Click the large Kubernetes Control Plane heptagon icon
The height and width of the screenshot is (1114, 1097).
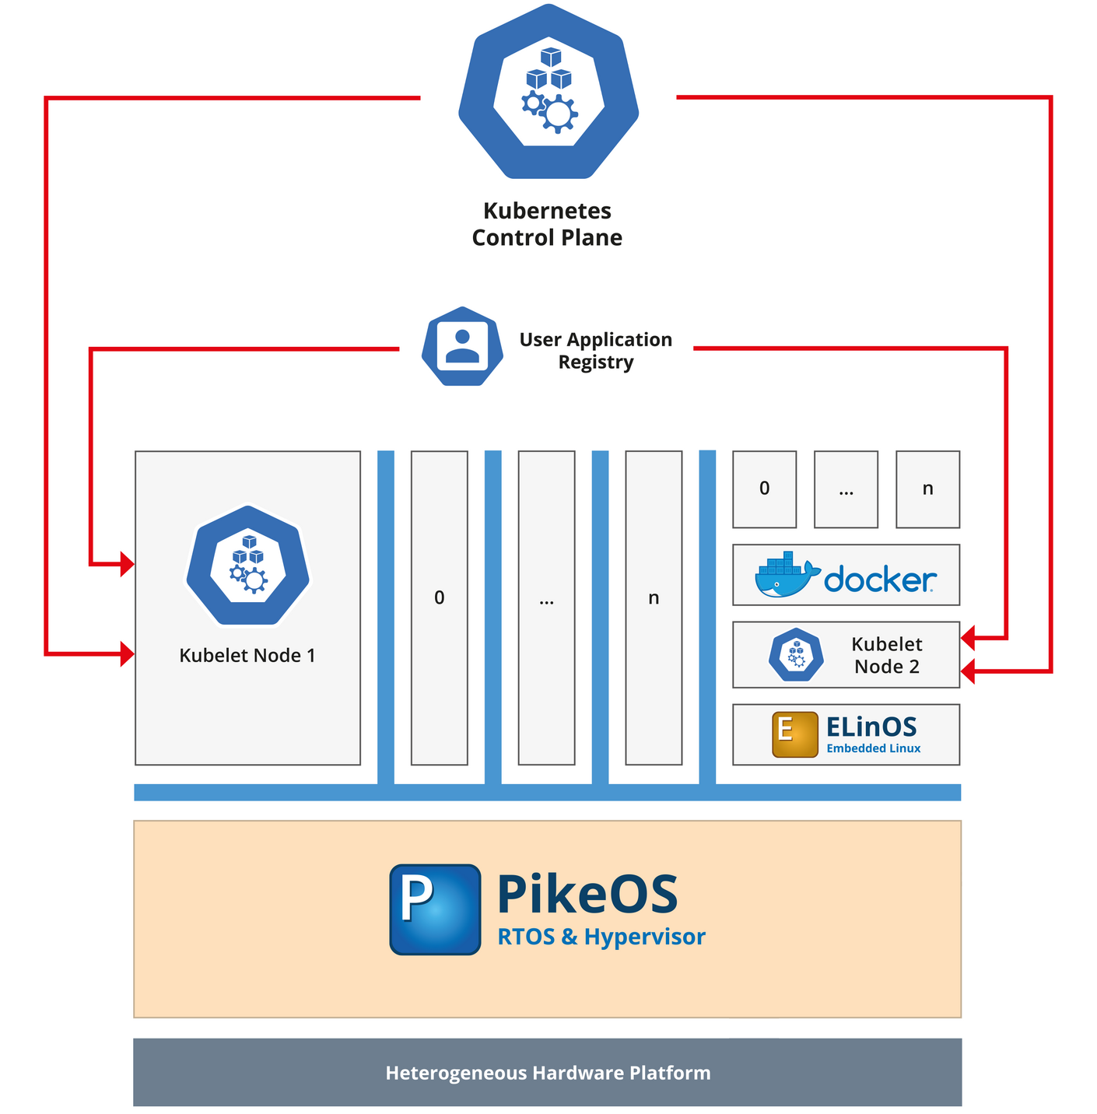pyautogui.click(x=548, y=91)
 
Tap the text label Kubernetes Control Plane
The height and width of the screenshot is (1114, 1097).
pyautogui.click(x=547, y=224)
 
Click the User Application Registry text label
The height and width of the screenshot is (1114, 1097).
pyautogui.click(x=595, y=350)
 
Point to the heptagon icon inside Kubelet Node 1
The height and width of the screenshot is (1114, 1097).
pyautogui.click(x=248, y=566)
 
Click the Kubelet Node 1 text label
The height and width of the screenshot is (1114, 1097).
pyautogui.click(x=247, y=655)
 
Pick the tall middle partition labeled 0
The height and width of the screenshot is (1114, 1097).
pyautogui.click(x=439, y=607)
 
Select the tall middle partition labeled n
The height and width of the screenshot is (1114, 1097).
pyautogui.click(x=654, y=607)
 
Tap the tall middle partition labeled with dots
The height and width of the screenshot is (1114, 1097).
pyautogui.click(x=546, y=607)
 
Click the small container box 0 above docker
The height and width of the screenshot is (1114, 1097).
pyautogui.click(x=764, y=489)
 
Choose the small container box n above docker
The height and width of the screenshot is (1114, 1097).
pyautogui.click(x=927, y=489)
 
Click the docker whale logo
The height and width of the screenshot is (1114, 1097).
pyautogui.click(x=786, y=576)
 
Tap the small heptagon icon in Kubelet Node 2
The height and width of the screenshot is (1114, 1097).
pyautogui.click(x=796, y=655)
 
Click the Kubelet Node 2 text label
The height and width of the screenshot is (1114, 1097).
pyautogui.click(x=887, y=655)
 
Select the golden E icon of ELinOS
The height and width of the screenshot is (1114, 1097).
pyautogui.click(x=794, y=734)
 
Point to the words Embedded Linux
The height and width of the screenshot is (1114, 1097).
pyautogui.click(x=873, y=748)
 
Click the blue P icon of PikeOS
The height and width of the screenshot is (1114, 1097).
pyautogui.click(x=435, y=909)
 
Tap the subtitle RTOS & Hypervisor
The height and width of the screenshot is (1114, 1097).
pyautogui.click(x=601, y=937)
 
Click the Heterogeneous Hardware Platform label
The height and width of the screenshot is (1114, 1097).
pyautogui.click(x=548, y=1073)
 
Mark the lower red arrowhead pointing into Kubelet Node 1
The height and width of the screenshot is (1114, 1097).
pyautogui.click(x=128, y=654)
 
